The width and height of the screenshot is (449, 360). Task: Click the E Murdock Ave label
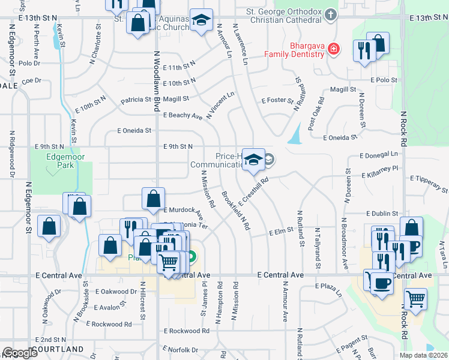click(183, 210)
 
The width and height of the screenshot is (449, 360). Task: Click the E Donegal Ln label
click(379, 155)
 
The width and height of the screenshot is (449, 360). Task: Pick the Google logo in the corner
click(19, 353)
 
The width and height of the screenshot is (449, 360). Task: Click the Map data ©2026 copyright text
click(423, 355)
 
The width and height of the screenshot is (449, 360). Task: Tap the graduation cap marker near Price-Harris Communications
click(253, 160)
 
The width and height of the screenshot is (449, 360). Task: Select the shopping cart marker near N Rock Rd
click(415, 298)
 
